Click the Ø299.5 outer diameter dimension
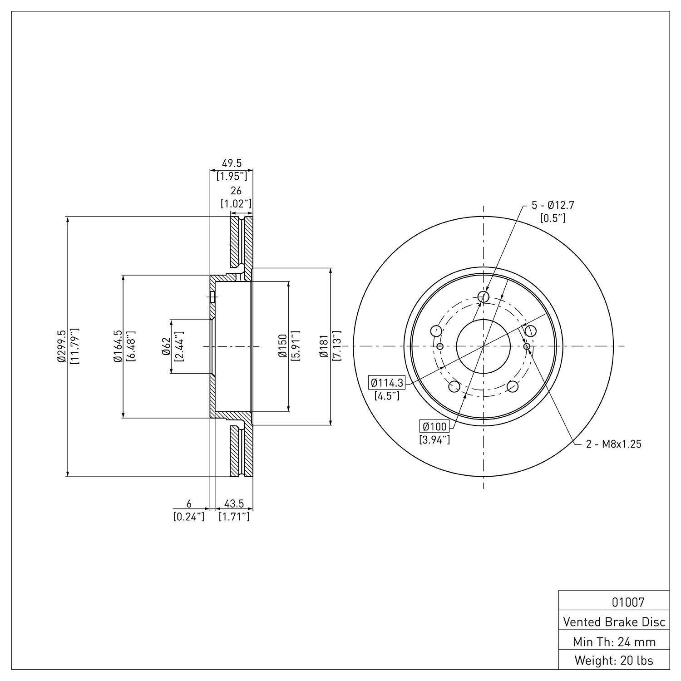pos(62,346)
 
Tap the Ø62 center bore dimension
pos(166,346)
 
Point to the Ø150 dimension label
pos(282,346)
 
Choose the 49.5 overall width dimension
pos(232,163)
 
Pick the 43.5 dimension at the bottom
pos(234,503)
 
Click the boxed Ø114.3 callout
pos(387,383)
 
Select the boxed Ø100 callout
pos(434,426)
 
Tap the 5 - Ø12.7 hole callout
pos(553,205)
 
